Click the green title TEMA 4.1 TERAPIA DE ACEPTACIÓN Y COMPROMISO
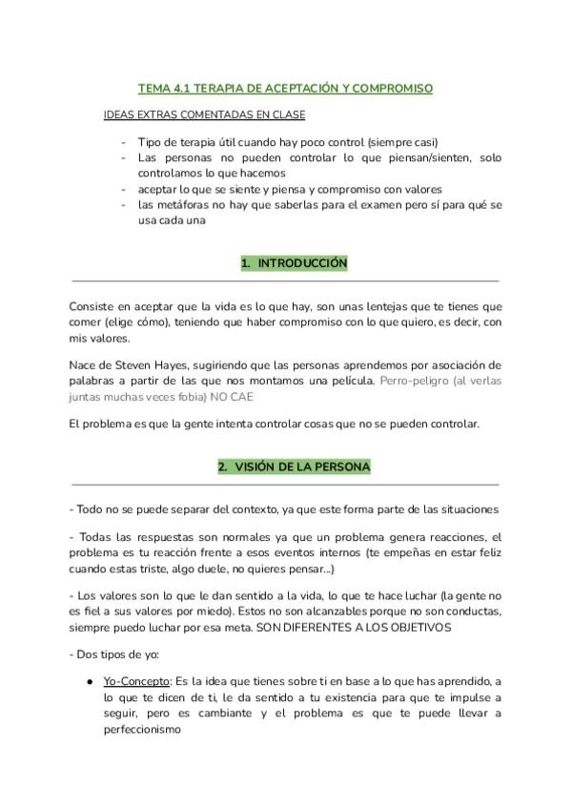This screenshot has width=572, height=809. (285, 89)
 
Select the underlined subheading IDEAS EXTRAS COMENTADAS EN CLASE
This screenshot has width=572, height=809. (204, 115)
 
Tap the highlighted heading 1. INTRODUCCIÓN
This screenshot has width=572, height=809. (294, 263)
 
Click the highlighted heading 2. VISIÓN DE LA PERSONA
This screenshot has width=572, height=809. (294, 467)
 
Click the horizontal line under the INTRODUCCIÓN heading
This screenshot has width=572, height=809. (285, 281)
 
